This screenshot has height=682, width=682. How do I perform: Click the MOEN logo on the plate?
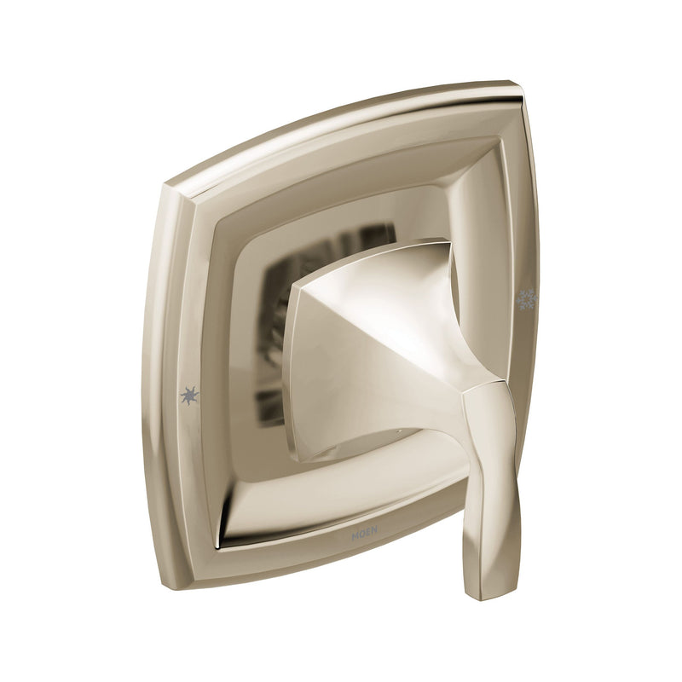click(364, 535)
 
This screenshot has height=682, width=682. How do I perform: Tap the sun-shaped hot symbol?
click(189, 396)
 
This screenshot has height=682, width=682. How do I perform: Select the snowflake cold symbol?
click(527, 299)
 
